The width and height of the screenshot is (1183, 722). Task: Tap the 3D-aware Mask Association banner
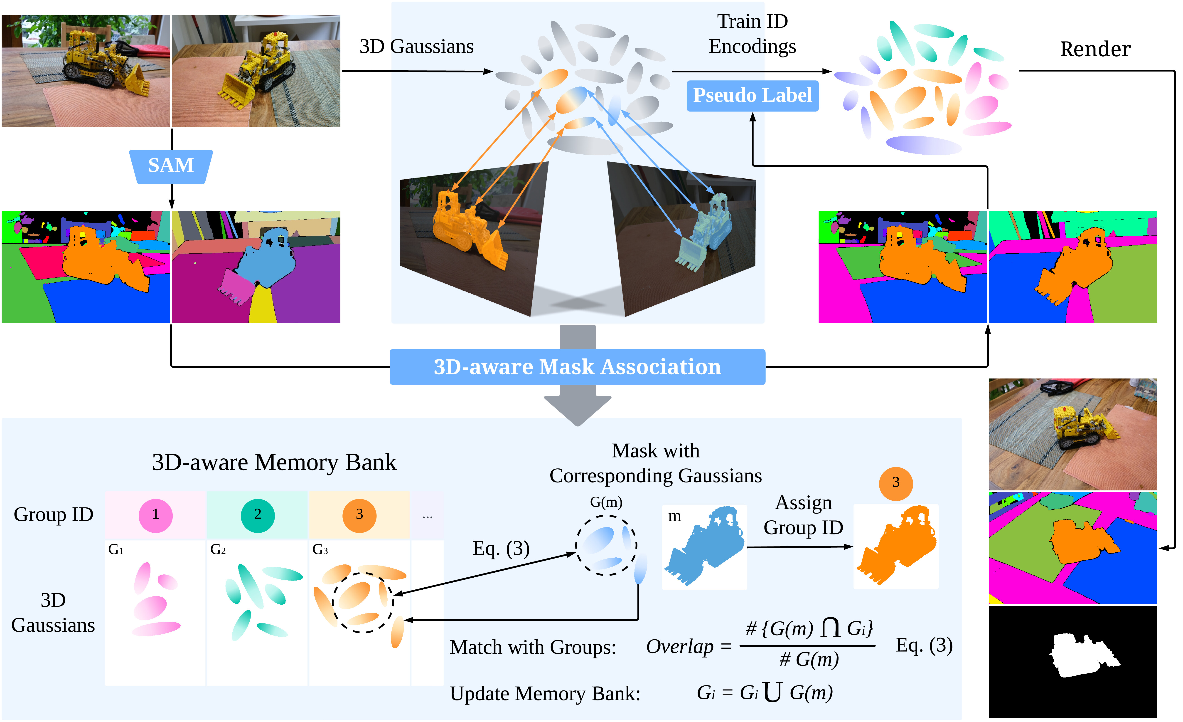(577, 367)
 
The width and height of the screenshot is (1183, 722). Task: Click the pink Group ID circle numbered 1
(155, 515)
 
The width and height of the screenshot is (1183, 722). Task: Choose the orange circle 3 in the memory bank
(359, 515)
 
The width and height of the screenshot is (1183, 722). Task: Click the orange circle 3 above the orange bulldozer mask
(895, 483)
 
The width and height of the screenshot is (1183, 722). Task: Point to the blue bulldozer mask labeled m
(705, 548)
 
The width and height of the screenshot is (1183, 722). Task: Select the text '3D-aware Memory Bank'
(274, 462)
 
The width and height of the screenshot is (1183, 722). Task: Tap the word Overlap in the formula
(680, 647)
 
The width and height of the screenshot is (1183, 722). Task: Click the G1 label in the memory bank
(116, 549)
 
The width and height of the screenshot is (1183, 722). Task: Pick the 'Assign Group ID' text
(803, 515)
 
